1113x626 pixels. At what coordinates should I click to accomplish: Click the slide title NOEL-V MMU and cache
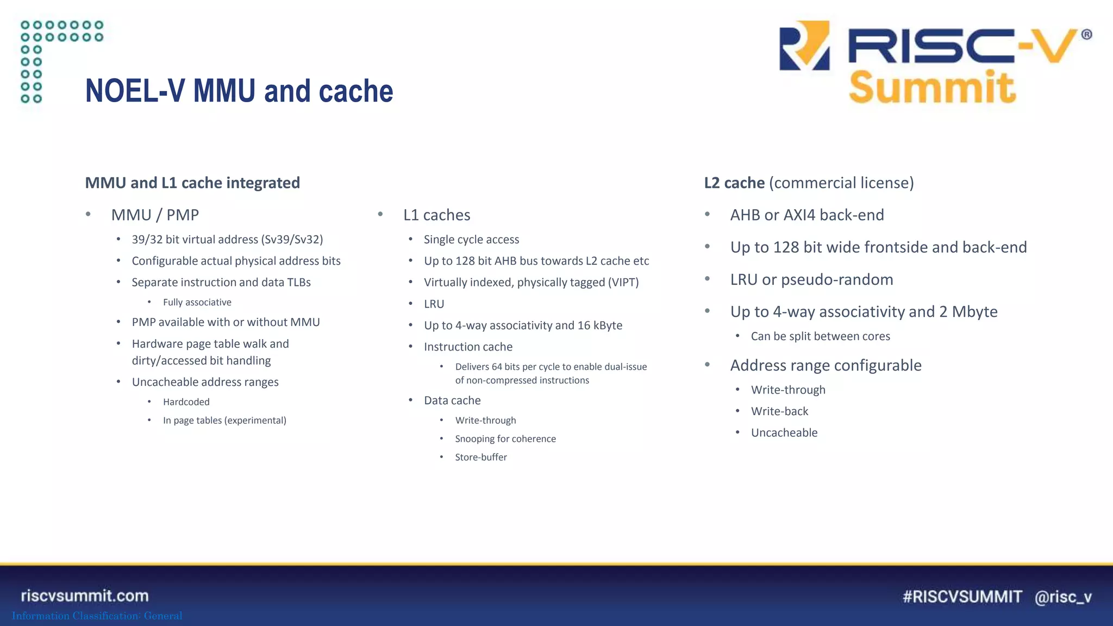click(239, 91)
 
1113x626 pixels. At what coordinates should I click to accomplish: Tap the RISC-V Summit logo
click(935, 62)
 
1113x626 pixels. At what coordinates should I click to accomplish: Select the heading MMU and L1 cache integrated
click(192, 183)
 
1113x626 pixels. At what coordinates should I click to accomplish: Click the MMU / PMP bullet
click(155, 215)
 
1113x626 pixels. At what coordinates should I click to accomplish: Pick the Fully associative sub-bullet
click(197, 302)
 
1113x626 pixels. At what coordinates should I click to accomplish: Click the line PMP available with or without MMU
click(226, 322)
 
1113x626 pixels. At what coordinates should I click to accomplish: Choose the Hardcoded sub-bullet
click(186, 402)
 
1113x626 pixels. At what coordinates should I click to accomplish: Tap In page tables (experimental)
click(224, 421)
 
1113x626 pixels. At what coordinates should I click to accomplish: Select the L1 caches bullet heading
click(436, 215)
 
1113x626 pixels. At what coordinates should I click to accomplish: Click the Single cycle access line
click(471, 240)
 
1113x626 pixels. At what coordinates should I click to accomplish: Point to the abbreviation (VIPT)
click(623, 283)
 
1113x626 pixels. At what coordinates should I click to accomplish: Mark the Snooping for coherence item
click(505, 439)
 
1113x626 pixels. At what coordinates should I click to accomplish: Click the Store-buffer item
click(481, 458)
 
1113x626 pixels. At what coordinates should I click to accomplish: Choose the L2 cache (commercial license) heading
click(809, 183)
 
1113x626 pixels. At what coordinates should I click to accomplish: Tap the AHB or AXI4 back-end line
click(807, 215)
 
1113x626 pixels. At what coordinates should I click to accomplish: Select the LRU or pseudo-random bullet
click(811, 280)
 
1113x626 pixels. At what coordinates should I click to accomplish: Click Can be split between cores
click(820, 336)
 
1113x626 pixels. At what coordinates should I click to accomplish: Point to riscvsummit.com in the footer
click(85, 596)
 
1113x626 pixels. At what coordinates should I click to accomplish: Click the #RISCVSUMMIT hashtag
click(962, 597)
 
